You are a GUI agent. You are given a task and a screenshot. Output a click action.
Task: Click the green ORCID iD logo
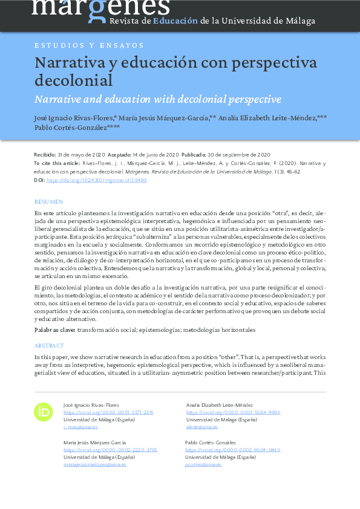[44, 412]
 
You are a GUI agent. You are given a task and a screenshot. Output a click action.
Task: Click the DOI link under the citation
[96, 180]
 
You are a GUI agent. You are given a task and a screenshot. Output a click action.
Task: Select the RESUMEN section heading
[48, 201]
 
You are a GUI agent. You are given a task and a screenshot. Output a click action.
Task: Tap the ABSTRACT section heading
[49, 345]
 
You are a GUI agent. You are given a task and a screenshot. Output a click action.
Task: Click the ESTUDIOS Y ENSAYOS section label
[89, 45]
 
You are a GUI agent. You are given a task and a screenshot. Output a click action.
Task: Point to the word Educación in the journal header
[175, 21]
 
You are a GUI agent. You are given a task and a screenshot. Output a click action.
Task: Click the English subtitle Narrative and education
[158, 99]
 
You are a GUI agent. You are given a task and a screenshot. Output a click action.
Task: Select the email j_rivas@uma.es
[80, 427]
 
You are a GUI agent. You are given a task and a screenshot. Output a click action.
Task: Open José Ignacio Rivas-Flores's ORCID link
[108, 412]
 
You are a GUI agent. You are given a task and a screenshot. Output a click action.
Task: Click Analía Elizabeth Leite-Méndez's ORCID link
[233, 412]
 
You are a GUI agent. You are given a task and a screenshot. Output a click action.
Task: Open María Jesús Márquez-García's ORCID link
[110, 450]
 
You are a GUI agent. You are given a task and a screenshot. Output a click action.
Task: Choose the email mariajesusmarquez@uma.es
[94, 464]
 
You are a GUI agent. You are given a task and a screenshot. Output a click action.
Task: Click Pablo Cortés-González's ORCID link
[232, 450]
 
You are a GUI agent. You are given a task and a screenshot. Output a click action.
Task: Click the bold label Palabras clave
[55, 330]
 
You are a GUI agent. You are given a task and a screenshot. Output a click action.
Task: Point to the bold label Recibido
[44, 155]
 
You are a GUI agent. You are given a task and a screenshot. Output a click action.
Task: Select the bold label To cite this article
[57, 164]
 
